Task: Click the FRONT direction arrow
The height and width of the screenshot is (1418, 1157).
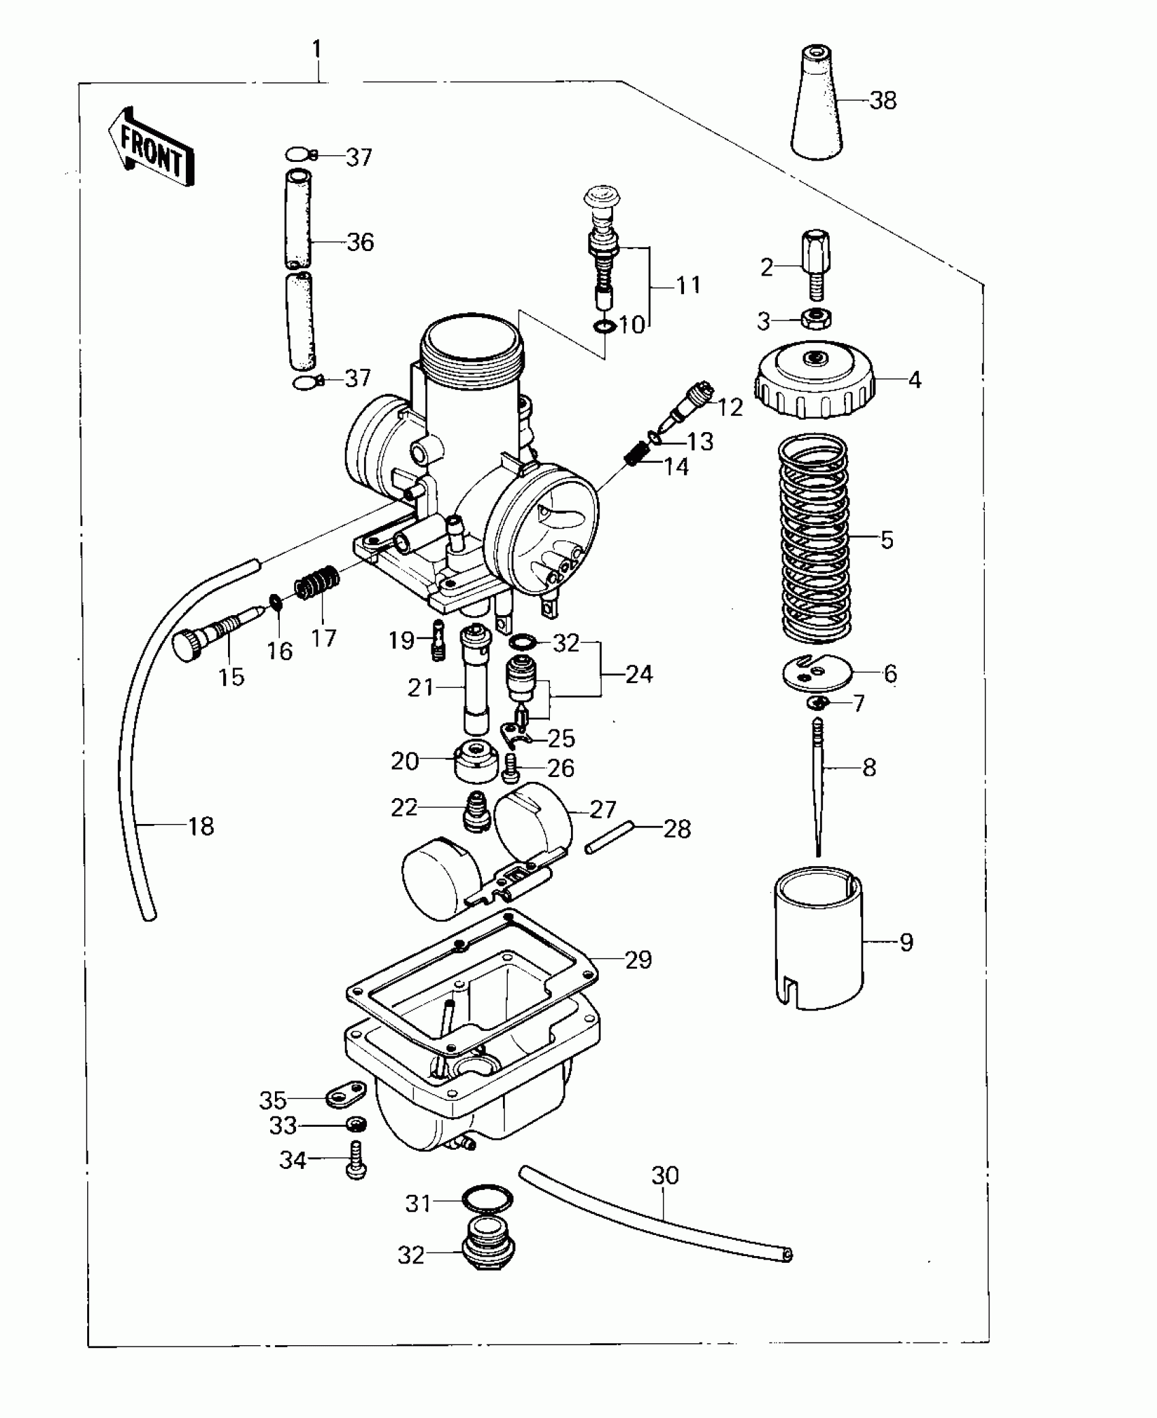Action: [x=151, y=147]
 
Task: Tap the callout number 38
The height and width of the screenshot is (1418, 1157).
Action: [x=883, y=101]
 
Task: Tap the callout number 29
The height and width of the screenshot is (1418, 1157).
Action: [x=638, y=959]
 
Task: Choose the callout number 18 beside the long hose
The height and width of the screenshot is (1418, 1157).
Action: [x=201, y=826]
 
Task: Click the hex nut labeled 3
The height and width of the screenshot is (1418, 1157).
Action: [x=814, y=318]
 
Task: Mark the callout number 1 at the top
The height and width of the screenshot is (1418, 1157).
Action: [x=316, y=49]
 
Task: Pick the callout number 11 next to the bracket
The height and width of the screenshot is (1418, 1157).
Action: [x=688, y=285]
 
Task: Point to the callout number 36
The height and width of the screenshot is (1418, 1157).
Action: [x=360, y=242]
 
